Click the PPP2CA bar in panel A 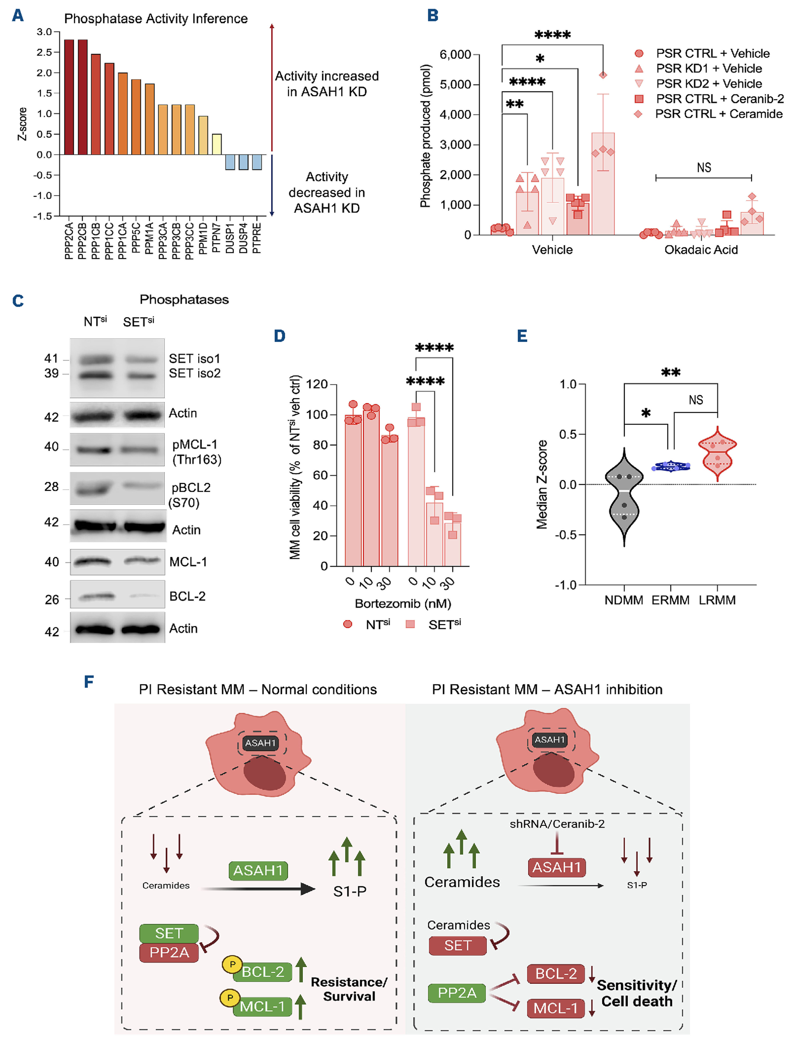(x=69, y=97)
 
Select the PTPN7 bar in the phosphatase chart (x=217, y=144)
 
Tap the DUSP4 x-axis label (x=243, y=238)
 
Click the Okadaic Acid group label (x=701, y=249)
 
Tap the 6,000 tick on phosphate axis (x=455, y=55)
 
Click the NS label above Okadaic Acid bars (x=704, y=168)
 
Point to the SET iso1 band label (x=195, y=358)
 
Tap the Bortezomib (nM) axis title (x=403, y=604)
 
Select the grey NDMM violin (x=624, y=496)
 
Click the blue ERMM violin (x=670, y=467)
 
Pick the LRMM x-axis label (x=717, y=600)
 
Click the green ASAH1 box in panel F (x=258, y=870)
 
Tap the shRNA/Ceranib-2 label (x=557, y=824)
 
